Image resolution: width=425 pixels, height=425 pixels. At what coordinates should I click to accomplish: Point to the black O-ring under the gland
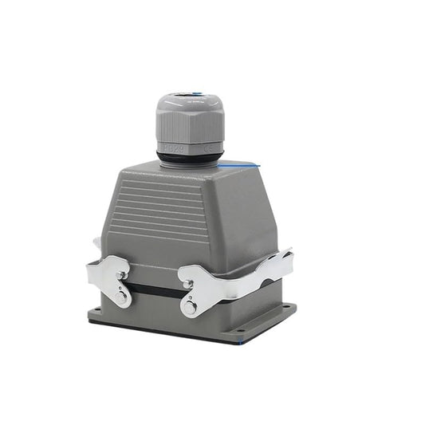[189, 158]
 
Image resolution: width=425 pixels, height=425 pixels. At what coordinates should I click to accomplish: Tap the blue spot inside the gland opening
[193, 95]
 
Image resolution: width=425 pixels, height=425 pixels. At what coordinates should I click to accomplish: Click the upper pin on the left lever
[120, 274]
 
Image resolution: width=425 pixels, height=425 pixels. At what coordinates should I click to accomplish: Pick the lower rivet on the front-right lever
[190, 307]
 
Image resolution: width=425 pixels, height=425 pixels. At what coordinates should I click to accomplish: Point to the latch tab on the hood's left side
[96, 242]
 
